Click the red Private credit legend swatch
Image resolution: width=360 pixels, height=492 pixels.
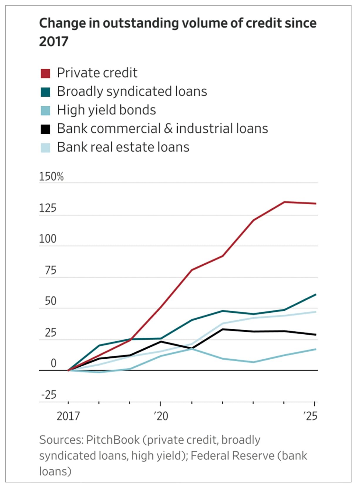tap(46, 73)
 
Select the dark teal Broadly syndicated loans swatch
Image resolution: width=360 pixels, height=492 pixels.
tap(46, 92)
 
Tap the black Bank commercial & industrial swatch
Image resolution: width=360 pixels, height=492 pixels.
tap(46, 129)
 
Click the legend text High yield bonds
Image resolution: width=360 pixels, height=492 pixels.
tap(106, 110)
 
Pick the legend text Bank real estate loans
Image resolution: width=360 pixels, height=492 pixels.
tap(123, 147)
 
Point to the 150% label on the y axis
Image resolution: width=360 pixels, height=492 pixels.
tap(51, 177)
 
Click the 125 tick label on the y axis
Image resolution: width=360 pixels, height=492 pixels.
tap(48, 208)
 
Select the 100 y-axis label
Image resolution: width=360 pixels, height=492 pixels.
tap(48, 239)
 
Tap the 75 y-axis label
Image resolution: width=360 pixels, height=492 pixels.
tap(50, 270)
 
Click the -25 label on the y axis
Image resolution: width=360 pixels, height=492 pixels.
tap(49, 395)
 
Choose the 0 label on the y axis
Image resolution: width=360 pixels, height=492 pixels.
tap(53, 363)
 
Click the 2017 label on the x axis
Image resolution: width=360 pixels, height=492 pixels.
tap(68, 416)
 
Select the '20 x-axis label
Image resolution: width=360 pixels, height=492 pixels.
tap(161, 416)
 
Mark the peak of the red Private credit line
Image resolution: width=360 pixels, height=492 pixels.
tap(284, 202)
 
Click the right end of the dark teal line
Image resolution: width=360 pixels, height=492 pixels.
tap(316, 294)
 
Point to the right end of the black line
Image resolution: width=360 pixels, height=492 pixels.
tap(316, 335)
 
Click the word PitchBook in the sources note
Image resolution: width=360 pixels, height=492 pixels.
tap(113, 440)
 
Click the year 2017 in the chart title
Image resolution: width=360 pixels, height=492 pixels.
tap(54, 41)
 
